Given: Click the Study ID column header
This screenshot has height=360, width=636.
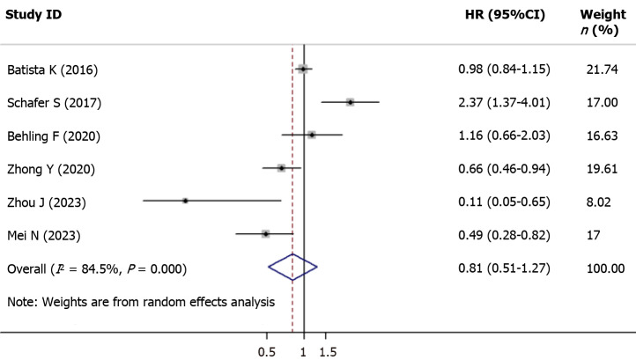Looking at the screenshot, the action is [x=33, y=15].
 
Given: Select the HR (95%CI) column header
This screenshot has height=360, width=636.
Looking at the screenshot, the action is [x=505, y=15].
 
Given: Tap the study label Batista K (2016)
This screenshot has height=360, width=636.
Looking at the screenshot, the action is [x=52, y=70].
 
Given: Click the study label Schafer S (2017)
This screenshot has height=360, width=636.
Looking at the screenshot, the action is [x=54, y=103].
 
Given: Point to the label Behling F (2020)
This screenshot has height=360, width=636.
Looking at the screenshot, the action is [x=54, y=136].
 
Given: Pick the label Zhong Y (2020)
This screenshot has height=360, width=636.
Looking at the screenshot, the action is [x=51, y=169].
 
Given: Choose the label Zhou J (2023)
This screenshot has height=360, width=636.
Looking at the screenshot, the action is [x=47, y=202].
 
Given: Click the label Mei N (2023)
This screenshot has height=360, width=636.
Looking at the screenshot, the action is [x=44, y=236].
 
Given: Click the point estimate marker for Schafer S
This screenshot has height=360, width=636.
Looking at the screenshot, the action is [x=350, y=102].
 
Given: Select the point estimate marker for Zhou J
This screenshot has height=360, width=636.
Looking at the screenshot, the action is [x=185, y=201].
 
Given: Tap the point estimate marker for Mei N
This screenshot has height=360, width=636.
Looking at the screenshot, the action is [x=265, y=234].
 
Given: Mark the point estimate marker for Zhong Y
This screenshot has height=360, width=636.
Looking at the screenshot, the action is [x=282, y=168].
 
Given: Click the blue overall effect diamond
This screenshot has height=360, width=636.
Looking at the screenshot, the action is [x=292, y=267].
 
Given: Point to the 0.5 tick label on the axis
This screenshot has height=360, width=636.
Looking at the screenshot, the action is [x=267, y=352].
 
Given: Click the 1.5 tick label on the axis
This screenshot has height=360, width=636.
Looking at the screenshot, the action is [x=328, y=352].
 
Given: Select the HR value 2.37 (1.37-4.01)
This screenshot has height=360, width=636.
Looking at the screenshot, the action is [x=504, y=103].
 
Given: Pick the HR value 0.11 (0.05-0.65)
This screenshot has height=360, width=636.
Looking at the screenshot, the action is [x=504, y=202].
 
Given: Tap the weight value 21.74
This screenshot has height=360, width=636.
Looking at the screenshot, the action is [x=603, y=70].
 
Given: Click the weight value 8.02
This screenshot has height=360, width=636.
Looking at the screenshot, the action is [x=599, y=202].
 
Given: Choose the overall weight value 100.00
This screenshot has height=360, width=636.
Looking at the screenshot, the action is [x=605, y=268].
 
